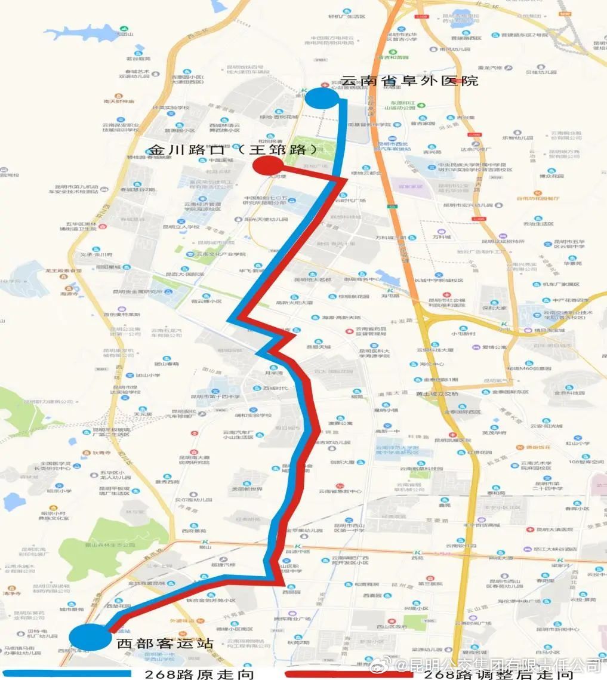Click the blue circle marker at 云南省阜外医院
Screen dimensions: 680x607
tap(324, 97)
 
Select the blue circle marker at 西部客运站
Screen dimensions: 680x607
tap(90, 636)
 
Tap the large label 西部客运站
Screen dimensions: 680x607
tap(165, 644)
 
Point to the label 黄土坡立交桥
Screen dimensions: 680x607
tap(437, 393)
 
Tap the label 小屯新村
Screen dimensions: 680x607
tap(463, 334)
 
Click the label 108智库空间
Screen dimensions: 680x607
tap(587, 461)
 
